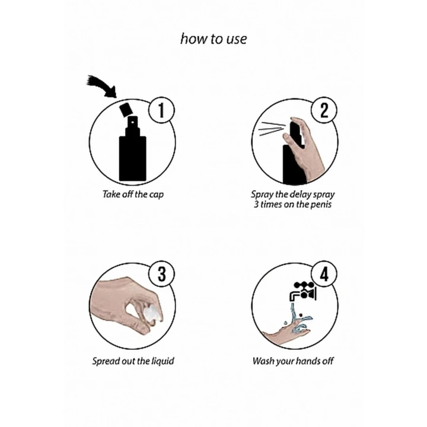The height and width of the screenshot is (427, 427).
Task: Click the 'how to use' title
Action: click(213, 39)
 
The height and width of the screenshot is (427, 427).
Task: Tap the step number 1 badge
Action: click(161, 110)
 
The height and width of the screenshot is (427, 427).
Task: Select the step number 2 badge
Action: click(324, 110)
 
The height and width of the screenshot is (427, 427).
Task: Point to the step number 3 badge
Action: click(161, 274)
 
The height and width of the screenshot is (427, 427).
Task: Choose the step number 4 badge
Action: click(324, 274)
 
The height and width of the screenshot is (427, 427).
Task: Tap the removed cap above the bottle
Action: click(126, 110)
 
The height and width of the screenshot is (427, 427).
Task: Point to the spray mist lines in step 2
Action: click(272, 129)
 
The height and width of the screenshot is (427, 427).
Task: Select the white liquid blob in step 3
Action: click(151, 314)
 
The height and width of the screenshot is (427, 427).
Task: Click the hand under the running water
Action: click(286, 333)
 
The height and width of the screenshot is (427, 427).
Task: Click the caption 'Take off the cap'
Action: click(133, 194)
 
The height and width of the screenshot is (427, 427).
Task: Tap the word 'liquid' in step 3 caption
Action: click(162, 361)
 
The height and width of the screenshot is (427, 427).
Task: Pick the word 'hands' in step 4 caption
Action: click(308, 361)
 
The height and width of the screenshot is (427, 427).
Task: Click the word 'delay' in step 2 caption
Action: click(300, 195)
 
